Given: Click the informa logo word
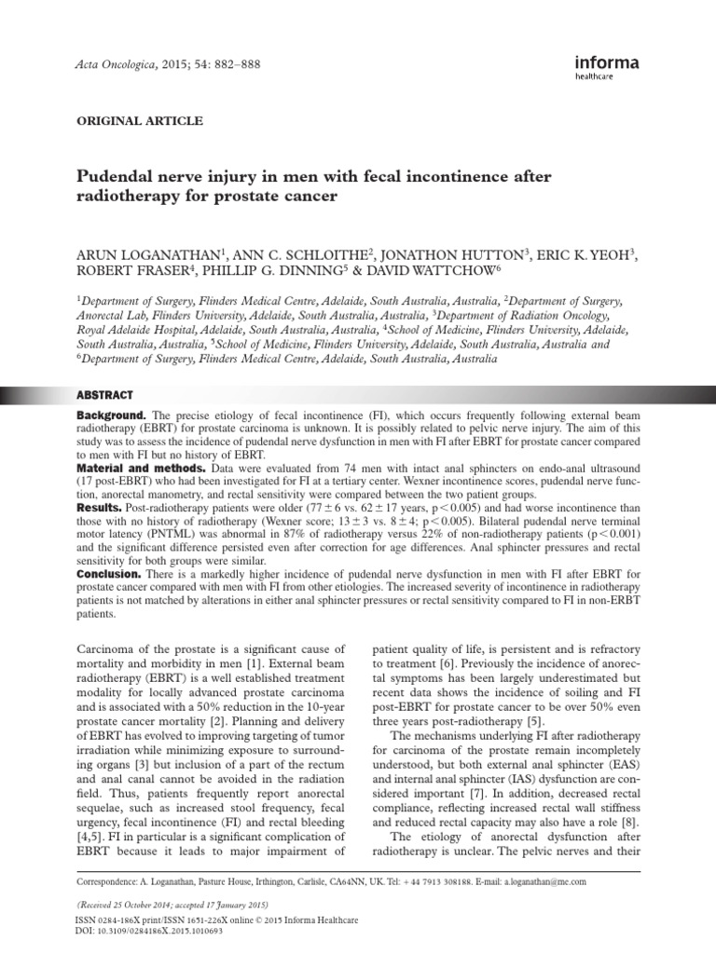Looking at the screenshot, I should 607,63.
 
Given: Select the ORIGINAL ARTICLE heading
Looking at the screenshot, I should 138,121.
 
